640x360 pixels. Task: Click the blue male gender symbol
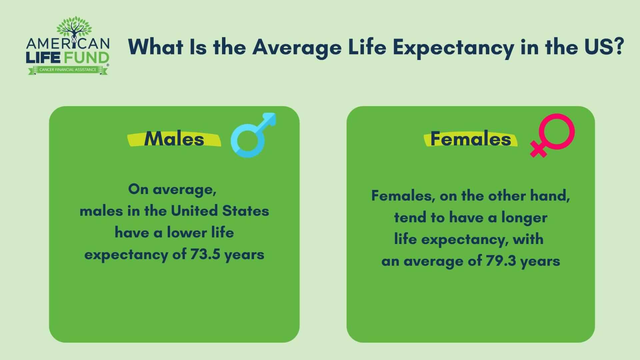[x=252, y=136]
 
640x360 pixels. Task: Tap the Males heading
[x=174, y=139]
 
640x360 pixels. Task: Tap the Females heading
[x=471, y=139]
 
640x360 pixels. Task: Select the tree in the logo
[x=74, y=28]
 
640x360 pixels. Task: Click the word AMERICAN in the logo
[x=68, y=44]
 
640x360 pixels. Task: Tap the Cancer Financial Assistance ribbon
[x=68, y=70]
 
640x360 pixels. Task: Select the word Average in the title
[x=297, y=47]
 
